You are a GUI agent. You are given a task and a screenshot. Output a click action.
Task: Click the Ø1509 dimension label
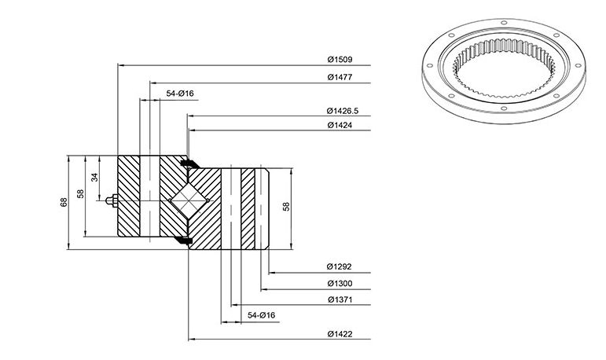click(340, 60)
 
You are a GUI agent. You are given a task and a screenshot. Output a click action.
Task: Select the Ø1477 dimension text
click(340, 77)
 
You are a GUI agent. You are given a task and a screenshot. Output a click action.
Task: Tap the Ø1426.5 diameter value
click(343, 111)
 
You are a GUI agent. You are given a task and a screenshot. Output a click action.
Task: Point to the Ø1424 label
click(340, 125)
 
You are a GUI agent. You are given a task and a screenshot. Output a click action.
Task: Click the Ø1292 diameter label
click(339, 266)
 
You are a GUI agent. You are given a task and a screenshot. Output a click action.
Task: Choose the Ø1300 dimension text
click(340, 284)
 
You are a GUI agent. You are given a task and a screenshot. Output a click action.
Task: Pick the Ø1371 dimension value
click(340, 299)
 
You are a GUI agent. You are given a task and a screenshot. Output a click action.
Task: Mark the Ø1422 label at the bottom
click(340, 334)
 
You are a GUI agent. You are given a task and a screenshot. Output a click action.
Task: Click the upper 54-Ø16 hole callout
click(180, 94)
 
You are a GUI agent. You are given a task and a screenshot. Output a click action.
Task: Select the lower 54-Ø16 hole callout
click(261, 315)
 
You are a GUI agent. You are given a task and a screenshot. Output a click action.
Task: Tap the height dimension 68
click(64, 202)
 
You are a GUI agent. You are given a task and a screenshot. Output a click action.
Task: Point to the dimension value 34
click(94, 177)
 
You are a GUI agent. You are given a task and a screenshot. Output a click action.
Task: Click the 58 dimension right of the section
click(286, 207)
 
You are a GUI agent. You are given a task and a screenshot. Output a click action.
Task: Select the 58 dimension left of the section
click(80, 193)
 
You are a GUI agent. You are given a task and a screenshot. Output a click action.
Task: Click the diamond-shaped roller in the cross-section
click(189, 200)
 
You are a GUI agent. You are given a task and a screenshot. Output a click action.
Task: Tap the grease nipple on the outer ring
click(112, 200)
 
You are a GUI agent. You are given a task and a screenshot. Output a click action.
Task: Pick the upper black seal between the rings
click(189, 163)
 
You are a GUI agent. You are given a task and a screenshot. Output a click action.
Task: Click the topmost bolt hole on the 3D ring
click(504, 23)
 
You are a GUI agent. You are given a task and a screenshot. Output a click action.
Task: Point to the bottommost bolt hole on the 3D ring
click(503, 108)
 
